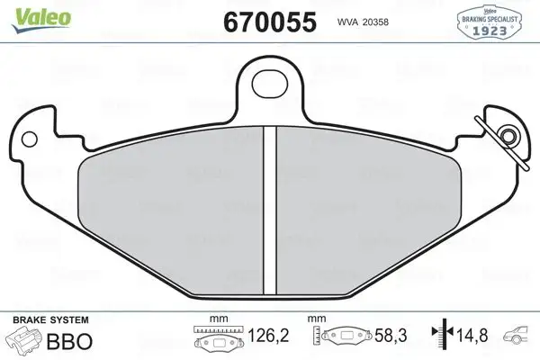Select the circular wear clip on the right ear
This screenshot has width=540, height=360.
(508, 137)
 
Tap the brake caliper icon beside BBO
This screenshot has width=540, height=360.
(27, 341)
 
